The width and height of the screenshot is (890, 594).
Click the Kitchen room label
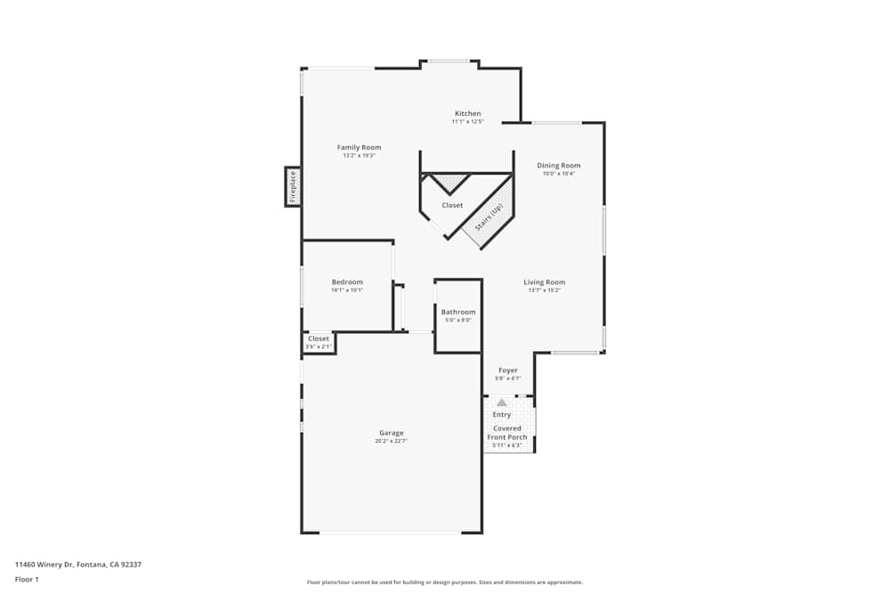[467, 114]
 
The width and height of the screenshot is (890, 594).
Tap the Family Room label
[359, 148]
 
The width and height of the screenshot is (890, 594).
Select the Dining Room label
[559, 166]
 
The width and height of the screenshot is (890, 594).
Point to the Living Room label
[544, 282]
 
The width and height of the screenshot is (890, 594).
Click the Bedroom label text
[347, 282]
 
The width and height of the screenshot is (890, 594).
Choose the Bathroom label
[458, 313]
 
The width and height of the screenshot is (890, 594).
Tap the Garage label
[392, 433]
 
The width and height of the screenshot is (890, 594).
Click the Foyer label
[508, 370]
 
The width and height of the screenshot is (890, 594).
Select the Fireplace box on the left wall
[293, 186]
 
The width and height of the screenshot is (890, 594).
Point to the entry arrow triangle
[501, 403]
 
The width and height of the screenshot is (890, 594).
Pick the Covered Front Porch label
[507, 433]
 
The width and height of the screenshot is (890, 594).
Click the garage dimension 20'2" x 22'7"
[392, 441]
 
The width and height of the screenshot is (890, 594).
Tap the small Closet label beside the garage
[318, 338]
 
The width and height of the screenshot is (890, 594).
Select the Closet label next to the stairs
[452, 206]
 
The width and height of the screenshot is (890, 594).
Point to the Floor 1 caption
[27, 579]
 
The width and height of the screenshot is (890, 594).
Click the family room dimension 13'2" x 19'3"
[359, 156]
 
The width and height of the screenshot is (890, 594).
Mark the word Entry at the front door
[502, 415]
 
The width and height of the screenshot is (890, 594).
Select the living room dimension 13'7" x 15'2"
[544, 290]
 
